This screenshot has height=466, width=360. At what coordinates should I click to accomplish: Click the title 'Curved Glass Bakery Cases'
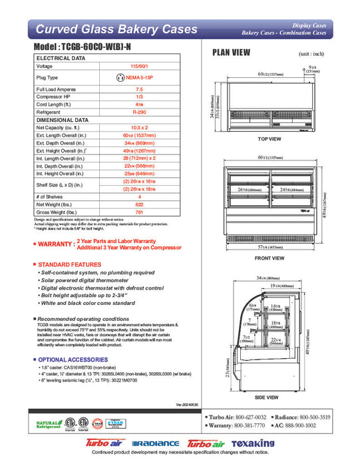point(116,29)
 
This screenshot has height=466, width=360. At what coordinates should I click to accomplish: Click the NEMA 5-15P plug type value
point(139,78)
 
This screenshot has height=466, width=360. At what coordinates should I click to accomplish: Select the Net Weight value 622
point(139,206)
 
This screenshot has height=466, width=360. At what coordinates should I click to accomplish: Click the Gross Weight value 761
point(139,213)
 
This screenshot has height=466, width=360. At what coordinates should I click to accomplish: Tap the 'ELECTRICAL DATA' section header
point(61,59)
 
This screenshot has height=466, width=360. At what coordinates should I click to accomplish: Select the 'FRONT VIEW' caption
point(269,258)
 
